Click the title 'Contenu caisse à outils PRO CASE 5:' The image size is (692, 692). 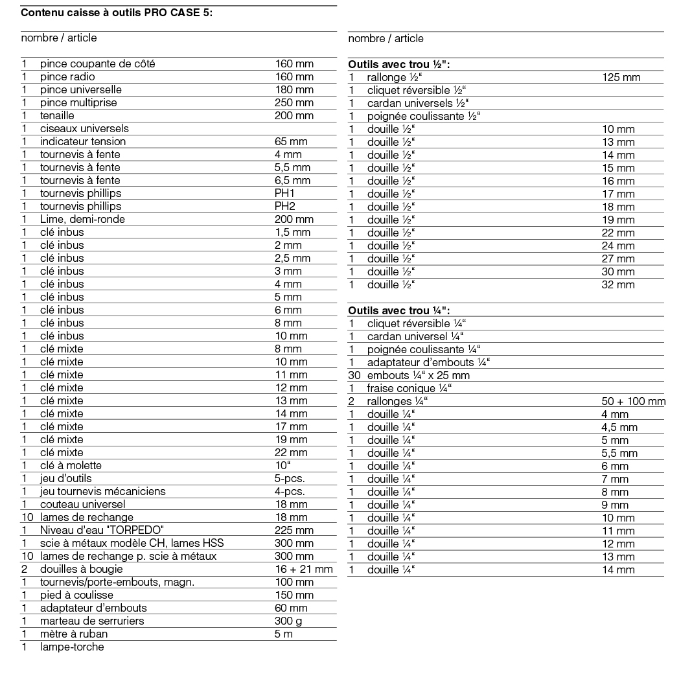(x=117, y=12)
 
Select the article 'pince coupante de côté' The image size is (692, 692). (x=98, y=64)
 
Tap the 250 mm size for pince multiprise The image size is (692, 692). (x=294, y=103)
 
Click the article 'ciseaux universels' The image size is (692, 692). (x=84, y=129)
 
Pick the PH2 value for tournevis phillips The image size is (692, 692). (x=285, y=207)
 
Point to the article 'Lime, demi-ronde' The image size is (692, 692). (x=82, y=220)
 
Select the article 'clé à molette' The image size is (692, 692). (x=71, y=466)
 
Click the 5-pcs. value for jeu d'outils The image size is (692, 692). (x=290, y=479)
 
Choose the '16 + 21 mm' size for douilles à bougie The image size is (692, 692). (x=304, y=570)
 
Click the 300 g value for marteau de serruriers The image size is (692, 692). (x=288, y=621)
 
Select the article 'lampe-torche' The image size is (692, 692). (x=72, y=647)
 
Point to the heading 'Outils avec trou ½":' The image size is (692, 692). (x=399, y=65)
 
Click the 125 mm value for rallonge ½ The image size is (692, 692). (x=621, y=78)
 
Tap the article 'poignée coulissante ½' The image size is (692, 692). (x=424, y=117)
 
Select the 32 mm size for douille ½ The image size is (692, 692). (x=618, y=285)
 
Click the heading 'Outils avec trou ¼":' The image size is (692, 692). (x=399, y=311)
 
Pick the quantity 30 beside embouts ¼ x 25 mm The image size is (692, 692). (x=354, y=376)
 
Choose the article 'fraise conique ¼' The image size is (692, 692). (x=409, y=389)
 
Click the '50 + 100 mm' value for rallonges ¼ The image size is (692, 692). (x=634, y=402)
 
